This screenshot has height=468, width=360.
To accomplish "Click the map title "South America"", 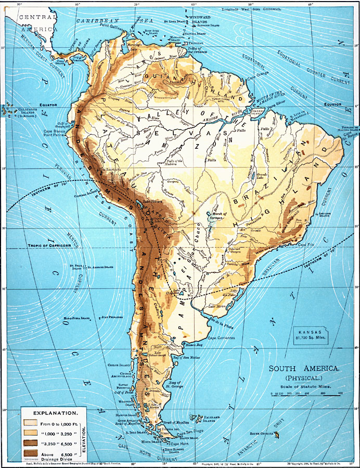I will point(304,368).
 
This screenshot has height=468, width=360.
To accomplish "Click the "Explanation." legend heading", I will point(50,411).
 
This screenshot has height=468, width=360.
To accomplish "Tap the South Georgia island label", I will point(263,433).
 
